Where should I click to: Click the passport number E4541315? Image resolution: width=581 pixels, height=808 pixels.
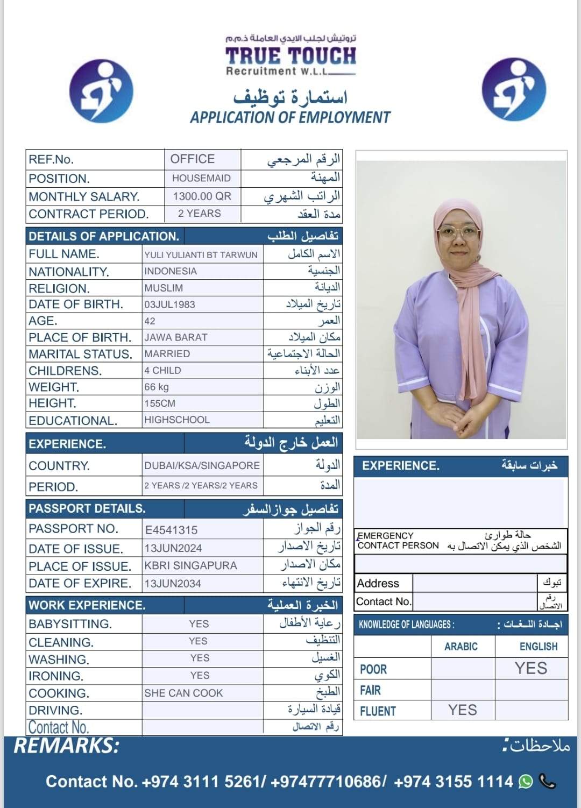click(x=172, y=530)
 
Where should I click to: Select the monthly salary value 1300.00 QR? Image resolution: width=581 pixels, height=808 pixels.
click(x=202, y=196)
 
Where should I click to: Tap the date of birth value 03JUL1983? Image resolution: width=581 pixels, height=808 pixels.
click(x=169, y=304)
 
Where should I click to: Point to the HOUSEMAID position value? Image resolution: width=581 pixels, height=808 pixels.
click(x=201, y=178)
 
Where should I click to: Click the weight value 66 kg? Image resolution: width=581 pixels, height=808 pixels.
click(x=157, y=387)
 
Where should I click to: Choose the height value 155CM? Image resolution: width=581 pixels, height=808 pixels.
click(x=160, y=403)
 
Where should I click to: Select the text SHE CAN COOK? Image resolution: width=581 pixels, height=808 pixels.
click(x=183, y=693)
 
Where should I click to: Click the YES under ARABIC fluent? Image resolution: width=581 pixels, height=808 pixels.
click(x=463, y=710)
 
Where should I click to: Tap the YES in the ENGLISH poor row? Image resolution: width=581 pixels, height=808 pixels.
click(x=531, y=668)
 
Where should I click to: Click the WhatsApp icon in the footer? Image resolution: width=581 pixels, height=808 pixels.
click(x=526, y=782)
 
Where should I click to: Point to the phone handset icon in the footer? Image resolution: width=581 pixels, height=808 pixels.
click(x=547, y=781)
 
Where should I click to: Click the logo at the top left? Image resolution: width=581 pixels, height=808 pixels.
click(x=102, y=91)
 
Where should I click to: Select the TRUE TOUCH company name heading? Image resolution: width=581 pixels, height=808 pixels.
click(x=290, y=56)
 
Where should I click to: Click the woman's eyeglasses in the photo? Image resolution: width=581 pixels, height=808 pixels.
click(x=459, y=233)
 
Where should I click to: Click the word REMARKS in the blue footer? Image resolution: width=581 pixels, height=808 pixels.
click(x=66, y=746)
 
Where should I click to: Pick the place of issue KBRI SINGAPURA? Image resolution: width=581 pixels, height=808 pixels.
click(x=190, y=566)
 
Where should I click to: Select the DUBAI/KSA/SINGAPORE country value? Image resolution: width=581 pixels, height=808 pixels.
click(x=202, y=465)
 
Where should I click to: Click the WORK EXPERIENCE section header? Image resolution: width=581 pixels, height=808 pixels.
click(x=87, y=605)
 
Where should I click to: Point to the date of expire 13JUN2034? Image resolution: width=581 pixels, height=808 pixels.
click(x=173, y=584)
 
